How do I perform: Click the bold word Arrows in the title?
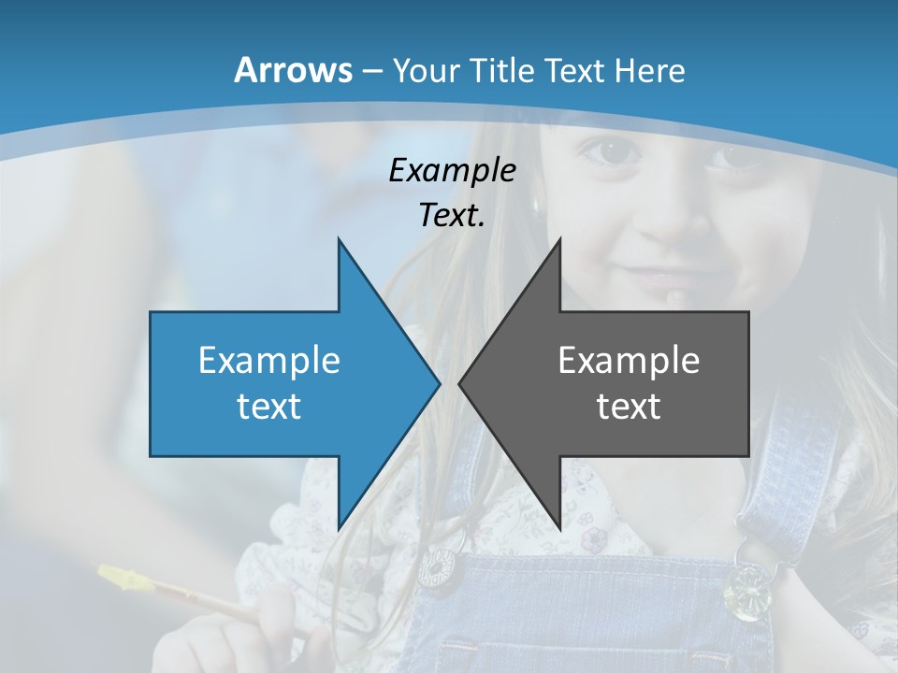[294, 70]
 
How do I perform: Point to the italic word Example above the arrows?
[452, 171]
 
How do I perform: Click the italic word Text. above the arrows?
[452, 216]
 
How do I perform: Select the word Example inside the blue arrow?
[269, 360]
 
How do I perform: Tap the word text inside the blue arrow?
[269, 406]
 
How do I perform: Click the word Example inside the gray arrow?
[629, 360]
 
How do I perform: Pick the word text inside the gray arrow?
[629, 406]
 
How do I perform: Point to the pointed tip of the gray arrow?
[461, 383]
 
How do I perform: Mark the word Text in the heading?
[576, 71]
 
